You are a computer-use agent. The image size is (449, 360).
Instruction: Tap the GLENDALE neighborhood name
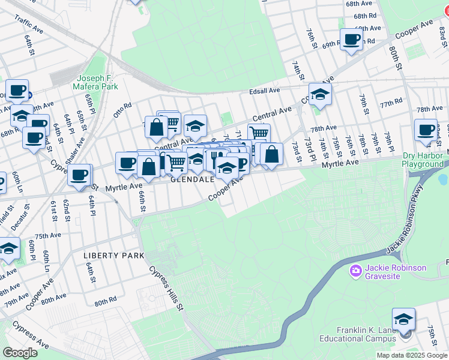(193, 179)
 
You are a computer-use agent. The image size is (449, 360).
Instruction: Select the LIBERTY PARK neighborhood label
(113, 256)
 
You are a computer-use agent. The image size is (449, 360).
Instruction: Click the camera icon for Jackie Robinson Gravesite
(355, 272)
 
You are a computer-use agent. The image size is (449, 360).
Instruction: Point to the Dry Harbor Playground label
(423, 160)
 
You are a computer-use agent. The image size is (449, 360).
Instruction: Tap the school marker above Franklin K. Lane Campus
(403, 319)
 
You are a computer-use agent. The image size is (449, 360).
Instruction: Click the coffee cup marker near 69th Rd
(351, 40)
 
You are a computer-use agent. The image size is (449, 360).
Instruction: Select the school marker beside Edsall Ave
(320, 94)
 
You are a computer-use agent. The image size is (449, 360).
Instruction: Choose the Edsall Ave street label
(265, 91)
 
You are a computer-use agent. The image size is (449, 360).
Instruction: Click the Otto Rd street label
(122, 110)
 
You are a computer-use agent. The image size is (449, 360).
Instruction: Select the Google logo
(20, 353)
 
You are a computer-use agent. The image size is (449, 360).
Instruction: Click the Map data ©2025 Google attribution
(412, 355)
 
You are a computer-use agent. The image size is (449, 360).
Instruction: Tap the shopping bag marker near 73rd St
(271, 154)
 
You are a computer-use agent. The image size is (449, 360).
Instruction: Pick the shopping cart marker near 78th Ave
(259, 134)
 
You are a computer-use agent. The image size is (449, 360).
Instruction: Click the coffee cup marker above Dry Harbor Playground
(426, 130)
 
